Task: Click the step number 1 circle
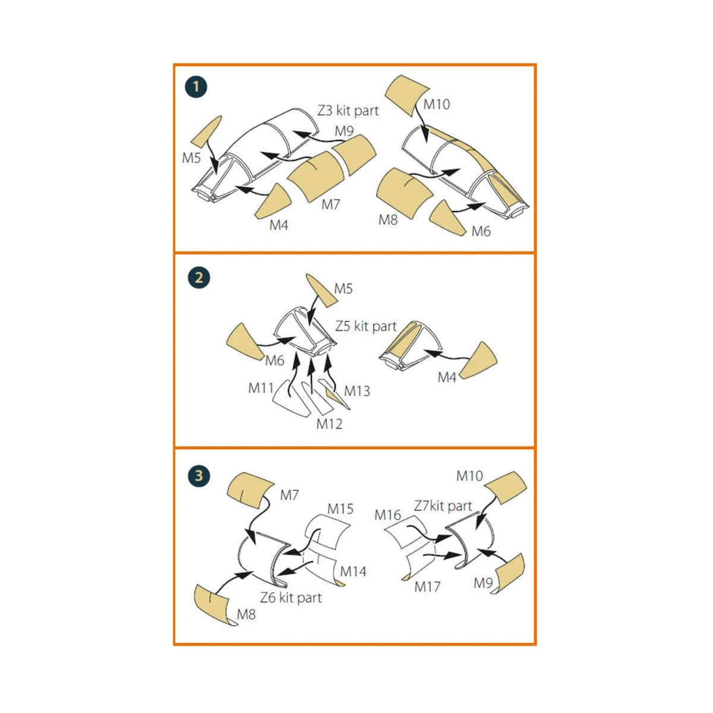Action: tap(195, 87)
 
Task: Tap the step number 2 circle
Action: tap(198, 278)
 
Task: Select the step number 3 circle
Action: tap(198, 475)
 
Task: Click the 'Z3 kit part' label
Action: tap(348, 111)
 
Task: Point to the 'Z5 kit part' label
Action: tap(365, 326)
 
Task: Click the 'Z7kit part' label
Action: tap(443, 506)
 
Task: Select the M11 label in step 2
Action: tap(261, 388)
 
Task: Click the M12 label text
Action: tap(329, 424)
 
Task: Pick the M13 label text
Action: tap(356, 391)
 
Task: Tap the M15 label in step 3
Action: tap(340, 509)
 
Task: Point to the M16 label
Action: tap(387, 515)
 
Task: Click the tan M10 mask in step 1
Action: tap(406, 96)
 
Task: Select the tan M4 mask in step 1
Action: tap(273, 201)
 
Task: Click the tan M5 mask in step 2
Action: tap(320, 290)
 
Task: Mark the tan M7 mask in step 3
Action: tap(250, 489)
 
